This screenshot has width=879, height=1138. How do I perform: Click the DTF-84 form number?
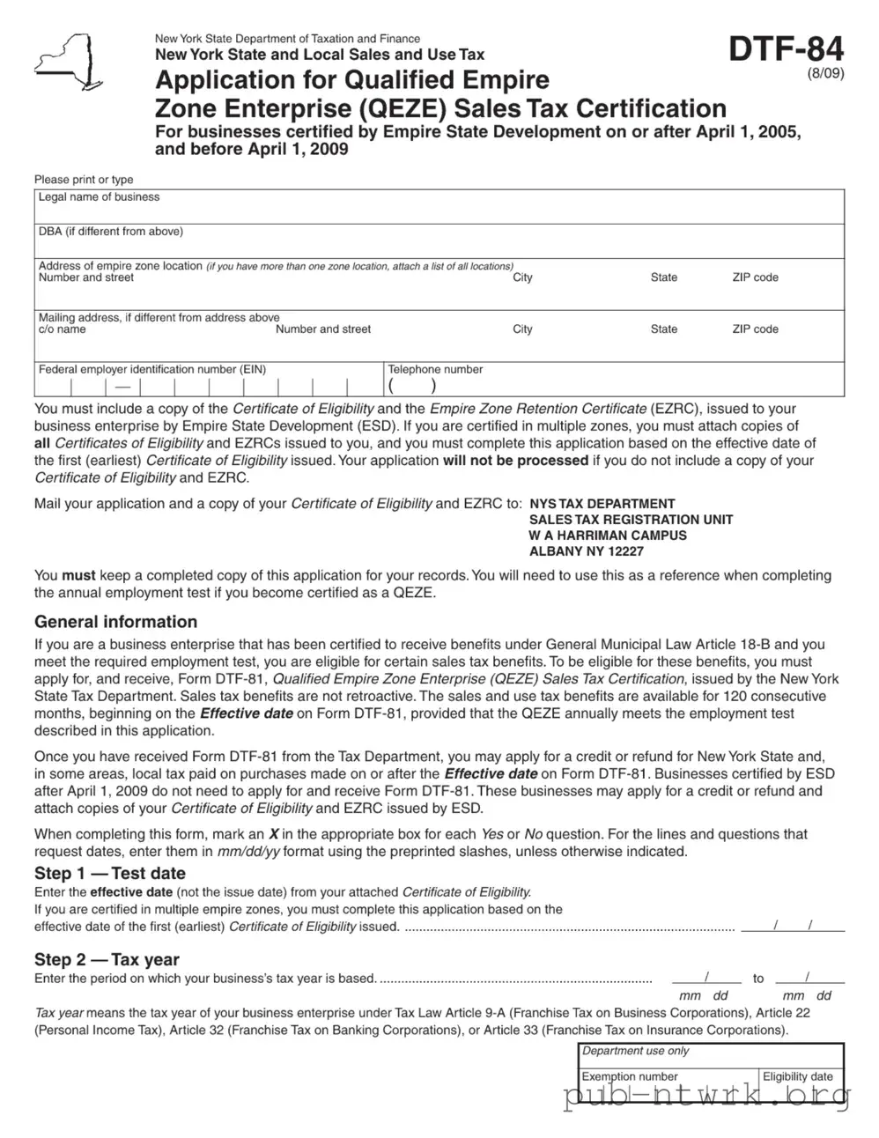[x=786, y=48]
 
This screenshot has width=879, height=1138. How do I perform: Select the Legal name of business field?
[x=439, y=211]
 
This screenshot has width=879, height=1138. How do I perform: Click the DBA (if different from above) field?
[x=439, y=245]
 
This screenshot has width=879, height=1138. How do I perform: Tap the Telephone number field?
[x=615, y=386]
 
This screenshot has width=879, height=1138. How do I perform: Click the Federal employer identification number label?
[x=151, y=370]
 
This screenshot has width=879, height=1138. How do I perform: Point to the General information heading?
[x=115, y=622]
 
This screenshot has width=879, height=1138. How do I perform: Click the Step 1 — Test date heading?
[x=110, y=874]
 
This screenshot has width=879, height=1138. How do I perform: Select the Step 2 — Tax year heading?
[x=107, y=960]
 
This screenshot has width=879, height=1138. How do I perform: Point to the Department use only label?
[x=635, y=1051]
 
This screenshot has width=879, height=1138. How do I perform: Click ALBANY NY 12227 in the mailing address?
[x=586, y=551]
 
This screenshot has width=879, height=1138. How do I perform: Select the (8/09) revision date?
[x=825, y=74]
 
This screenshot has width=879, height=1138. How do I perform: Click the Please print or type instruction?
[x=84, y=180]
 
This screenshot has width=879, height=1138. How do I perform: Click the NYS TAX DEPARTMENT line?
[x=602, y=504]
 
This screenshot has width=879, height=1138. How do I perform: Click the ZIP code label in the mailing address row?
[x=755, y=329]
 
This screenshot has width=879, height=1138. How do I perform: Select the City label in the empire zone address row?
[x=522, y=277]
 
